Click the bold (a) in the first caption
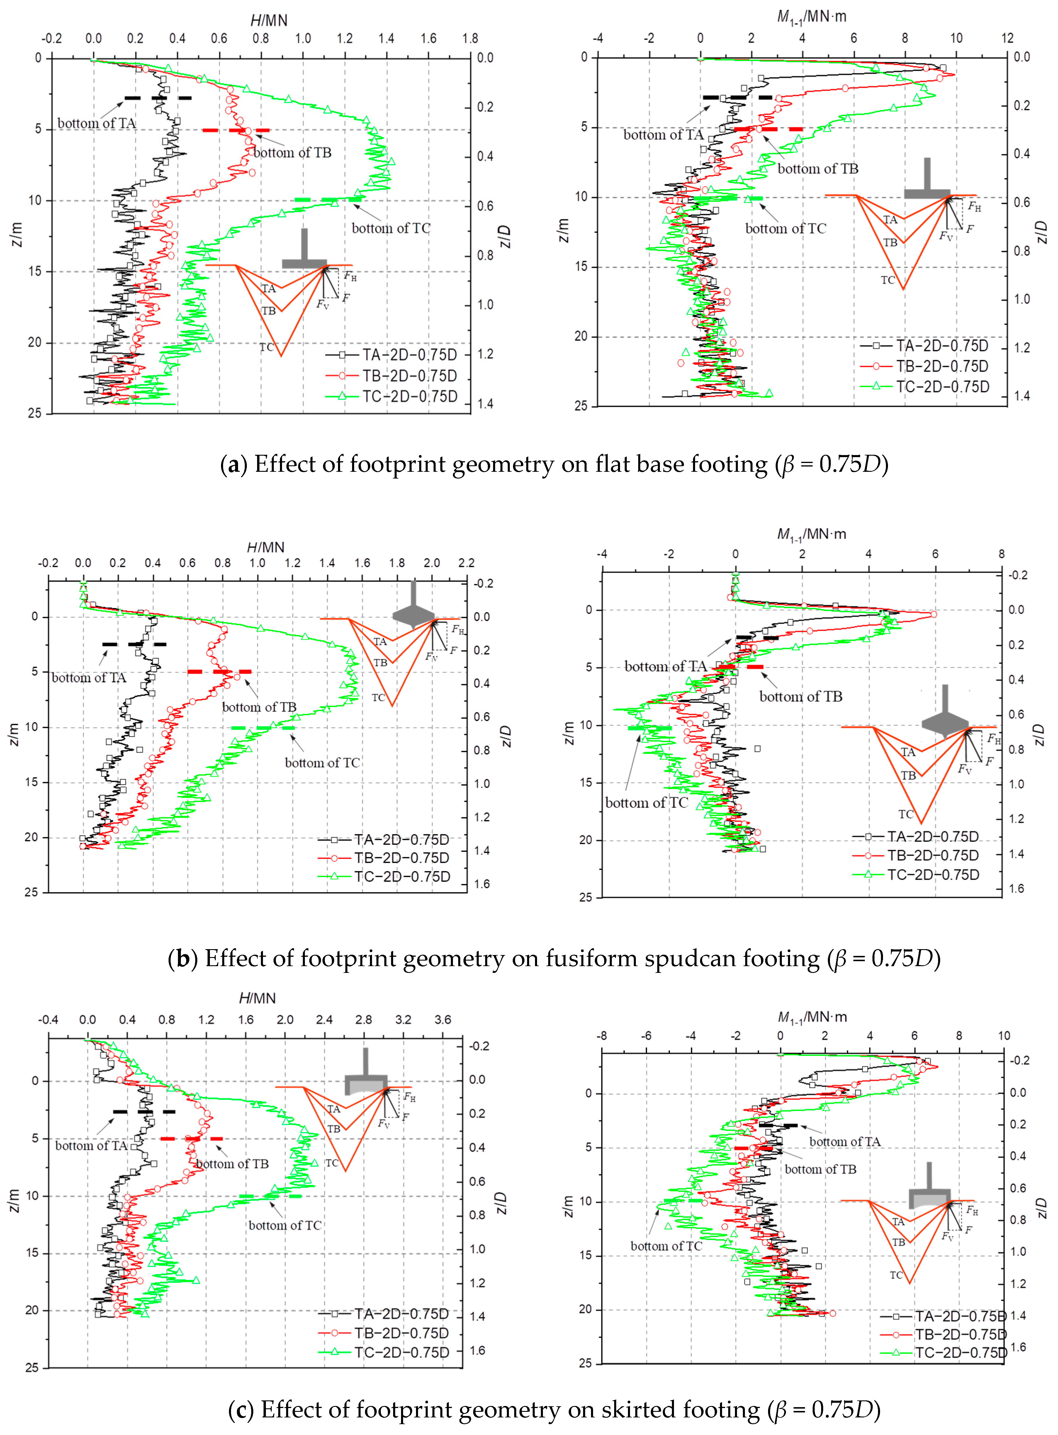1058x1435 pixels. pyautogui.click(x=233, y=464)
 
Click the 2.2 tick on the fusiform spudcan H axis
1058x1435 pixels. pyautogui.click(x=466, y=563)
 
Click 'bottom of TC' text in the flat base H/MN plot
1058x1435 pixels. pyautogui.click(x=391, y=228)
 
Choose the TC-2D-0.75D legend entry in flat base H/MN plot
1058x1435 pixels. pyautogui.click(x=410, y=396)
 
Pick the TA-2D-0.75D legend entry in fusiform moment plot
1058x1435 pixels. pyautogui.click(x=933, y=837)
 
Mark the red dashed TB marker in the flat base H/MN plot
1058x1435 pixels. pyautogui.click(x=236, y=131)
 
